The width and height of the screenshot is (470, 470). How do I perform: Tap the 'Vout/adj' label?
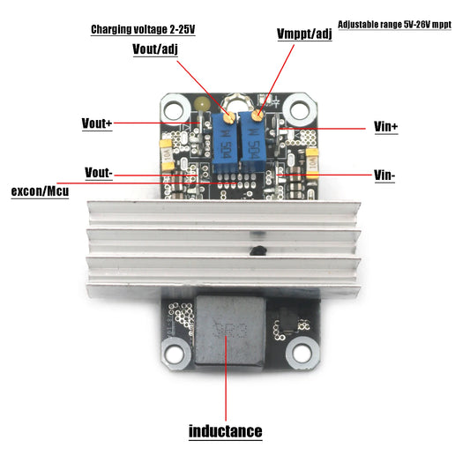coord(156,49)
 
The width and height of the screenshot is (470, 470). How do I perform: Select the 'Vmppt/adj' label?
coord(303,34)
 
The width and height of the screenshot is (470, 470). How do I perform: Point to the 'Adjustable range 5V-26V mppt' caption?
coord(394,26)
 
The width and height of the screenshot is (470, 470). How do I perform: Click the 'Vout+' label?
coord(97,123)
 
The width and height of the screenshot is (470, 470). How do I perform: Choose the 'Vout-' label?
coord(98,172)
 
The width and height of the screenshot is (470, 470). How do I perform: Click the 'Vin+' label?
coord(386,127)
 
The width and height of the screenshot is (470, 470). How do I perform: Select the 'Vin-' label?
coord(384,175)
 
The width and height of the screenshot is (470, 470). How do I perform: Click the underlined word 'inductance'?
coord(226,431)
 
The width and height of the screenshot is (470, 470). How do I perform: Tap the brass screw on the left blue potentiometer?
coord(228,116)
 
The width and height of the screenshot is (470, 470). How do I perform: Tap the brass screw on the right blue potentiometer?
coord(257,114)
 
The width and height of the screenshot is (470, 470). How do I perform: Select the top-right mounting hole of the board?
coord(300,109)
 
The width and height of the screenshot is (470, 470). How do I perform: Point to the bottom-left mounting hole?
coord(175,351)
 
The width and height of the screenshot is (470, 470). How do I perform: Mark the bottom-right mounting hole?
coord(301,351)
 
